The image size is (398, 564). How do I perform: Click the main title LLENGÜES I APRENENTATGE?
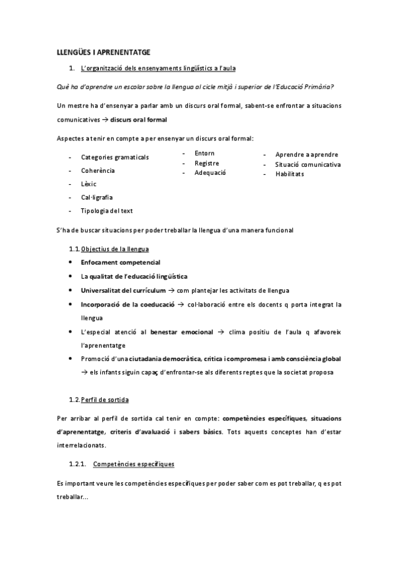[103, 51]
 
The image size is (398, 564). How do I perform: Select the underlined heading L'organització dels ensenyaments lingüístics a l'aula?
[158, 69]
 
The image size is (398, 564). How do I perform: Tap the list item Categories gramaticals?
[115, 158]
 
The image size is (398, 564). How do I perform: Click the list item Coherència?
[98, 171]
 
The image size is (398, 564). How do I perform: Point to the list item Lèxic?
[89, 184]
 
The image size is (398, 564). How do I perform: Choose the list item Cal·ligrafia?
[97, 198]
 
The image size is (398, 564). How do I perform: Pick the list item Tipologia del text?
[107, 211]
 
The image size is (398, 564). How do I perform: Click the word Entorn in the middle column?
[205, 154]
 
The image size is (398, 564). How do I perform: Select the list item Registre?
[207, 163]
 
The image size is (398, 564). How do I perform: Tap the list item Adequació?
[211, 173]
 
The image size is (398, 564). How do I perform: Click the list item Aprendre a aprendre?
[306, 154]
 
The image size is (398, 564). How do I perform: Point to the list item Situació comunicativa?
[308, 164]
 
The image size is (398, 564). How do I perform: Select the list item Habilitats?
[290, 174]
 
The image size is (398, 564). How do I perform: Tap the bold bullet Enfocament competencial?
[120, 263]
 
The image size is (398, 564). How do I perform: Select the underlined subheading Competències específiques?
[134, 463]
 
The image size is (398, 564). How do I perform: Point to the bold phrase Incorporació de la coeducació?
[128, 305]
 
